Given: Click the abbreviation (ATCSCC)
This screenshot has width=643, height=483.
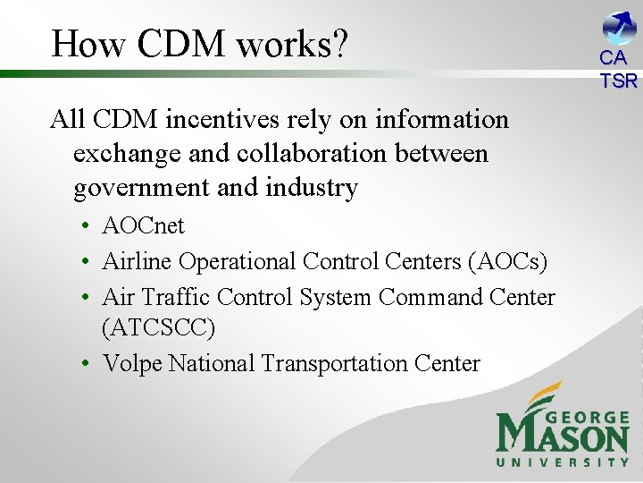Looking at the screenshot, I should [x=159, y=328].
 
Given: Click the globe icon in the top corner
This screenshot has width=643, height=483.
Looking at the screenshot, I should [x=619, y=27].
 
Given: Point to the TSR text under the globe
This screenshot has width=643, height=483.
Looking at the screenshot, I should [x=618, y=80].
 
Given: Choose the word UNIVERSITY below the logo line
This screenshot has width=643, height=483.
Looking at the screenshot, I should [x=563, y=462].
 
